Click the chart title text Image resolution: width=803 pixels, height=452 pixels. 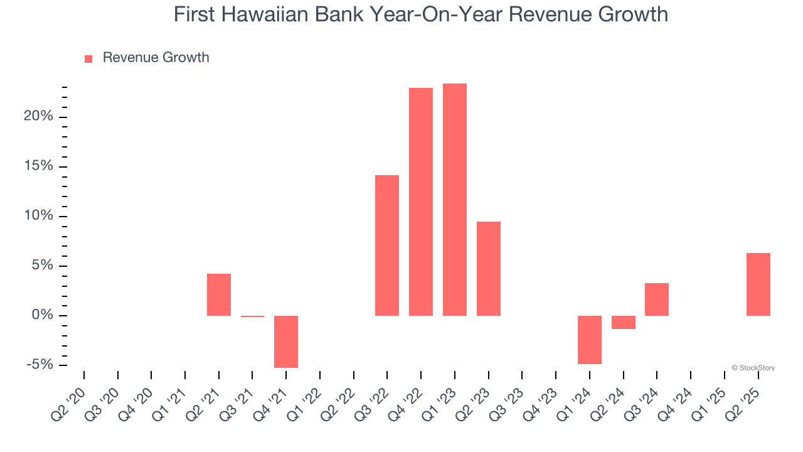click(x=420, y=14)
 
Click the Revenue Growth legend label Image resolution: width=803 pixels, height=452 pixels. click(x=156, y=58)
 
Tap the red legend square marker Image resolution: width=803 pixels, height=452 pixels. click(x=88, y=58)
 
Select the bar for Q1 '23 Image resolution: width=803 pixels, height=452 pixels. click(x=455, y=200)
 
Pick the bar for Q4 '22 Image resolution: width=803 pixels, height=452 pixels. click(x=421, y=202)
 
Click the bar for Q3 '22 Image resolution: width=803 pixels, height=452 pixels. click(x=387, y=245)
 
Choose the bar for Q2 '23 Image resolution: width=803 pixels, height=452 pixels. click(x=489, y=269)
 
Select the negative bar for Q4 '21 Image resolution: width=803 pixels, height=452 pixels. click(x=286, y=342)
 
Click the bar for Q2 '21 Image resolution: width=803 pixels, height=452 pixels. click(x=219, y=294)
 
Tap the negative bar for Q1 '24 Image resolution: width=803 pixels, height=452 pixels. click(x=590, y=340)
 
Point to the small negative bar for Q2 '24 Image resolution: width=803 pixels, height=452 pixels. click(x=624, y=322)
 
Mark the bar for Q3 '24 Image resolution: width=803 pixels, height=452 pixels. click(x=657, y=299)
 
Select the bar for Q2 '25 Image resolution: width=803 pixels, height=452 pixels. click(x=758, y=284)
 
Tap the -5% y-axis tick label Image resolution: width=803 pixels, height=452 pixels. click(x=40, y=365)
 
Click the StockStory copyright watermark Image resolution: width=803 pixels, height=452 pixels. click(x=753, y=368)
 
